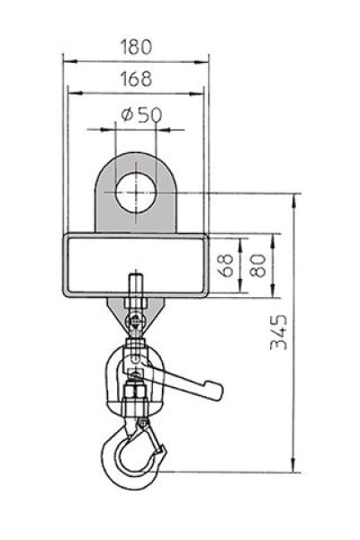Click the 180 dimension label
(136, 47)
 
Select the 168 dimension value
(136, 78)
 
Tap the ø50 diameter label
(141, 114)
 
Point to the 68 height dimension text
(226, 265)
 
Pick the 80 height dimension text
(258, 265)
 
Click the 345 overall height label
(278, 332)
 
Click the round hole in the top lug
(136, 193)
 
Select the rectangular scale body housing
(135, 265)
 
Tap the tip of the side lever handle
(220, 392)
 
